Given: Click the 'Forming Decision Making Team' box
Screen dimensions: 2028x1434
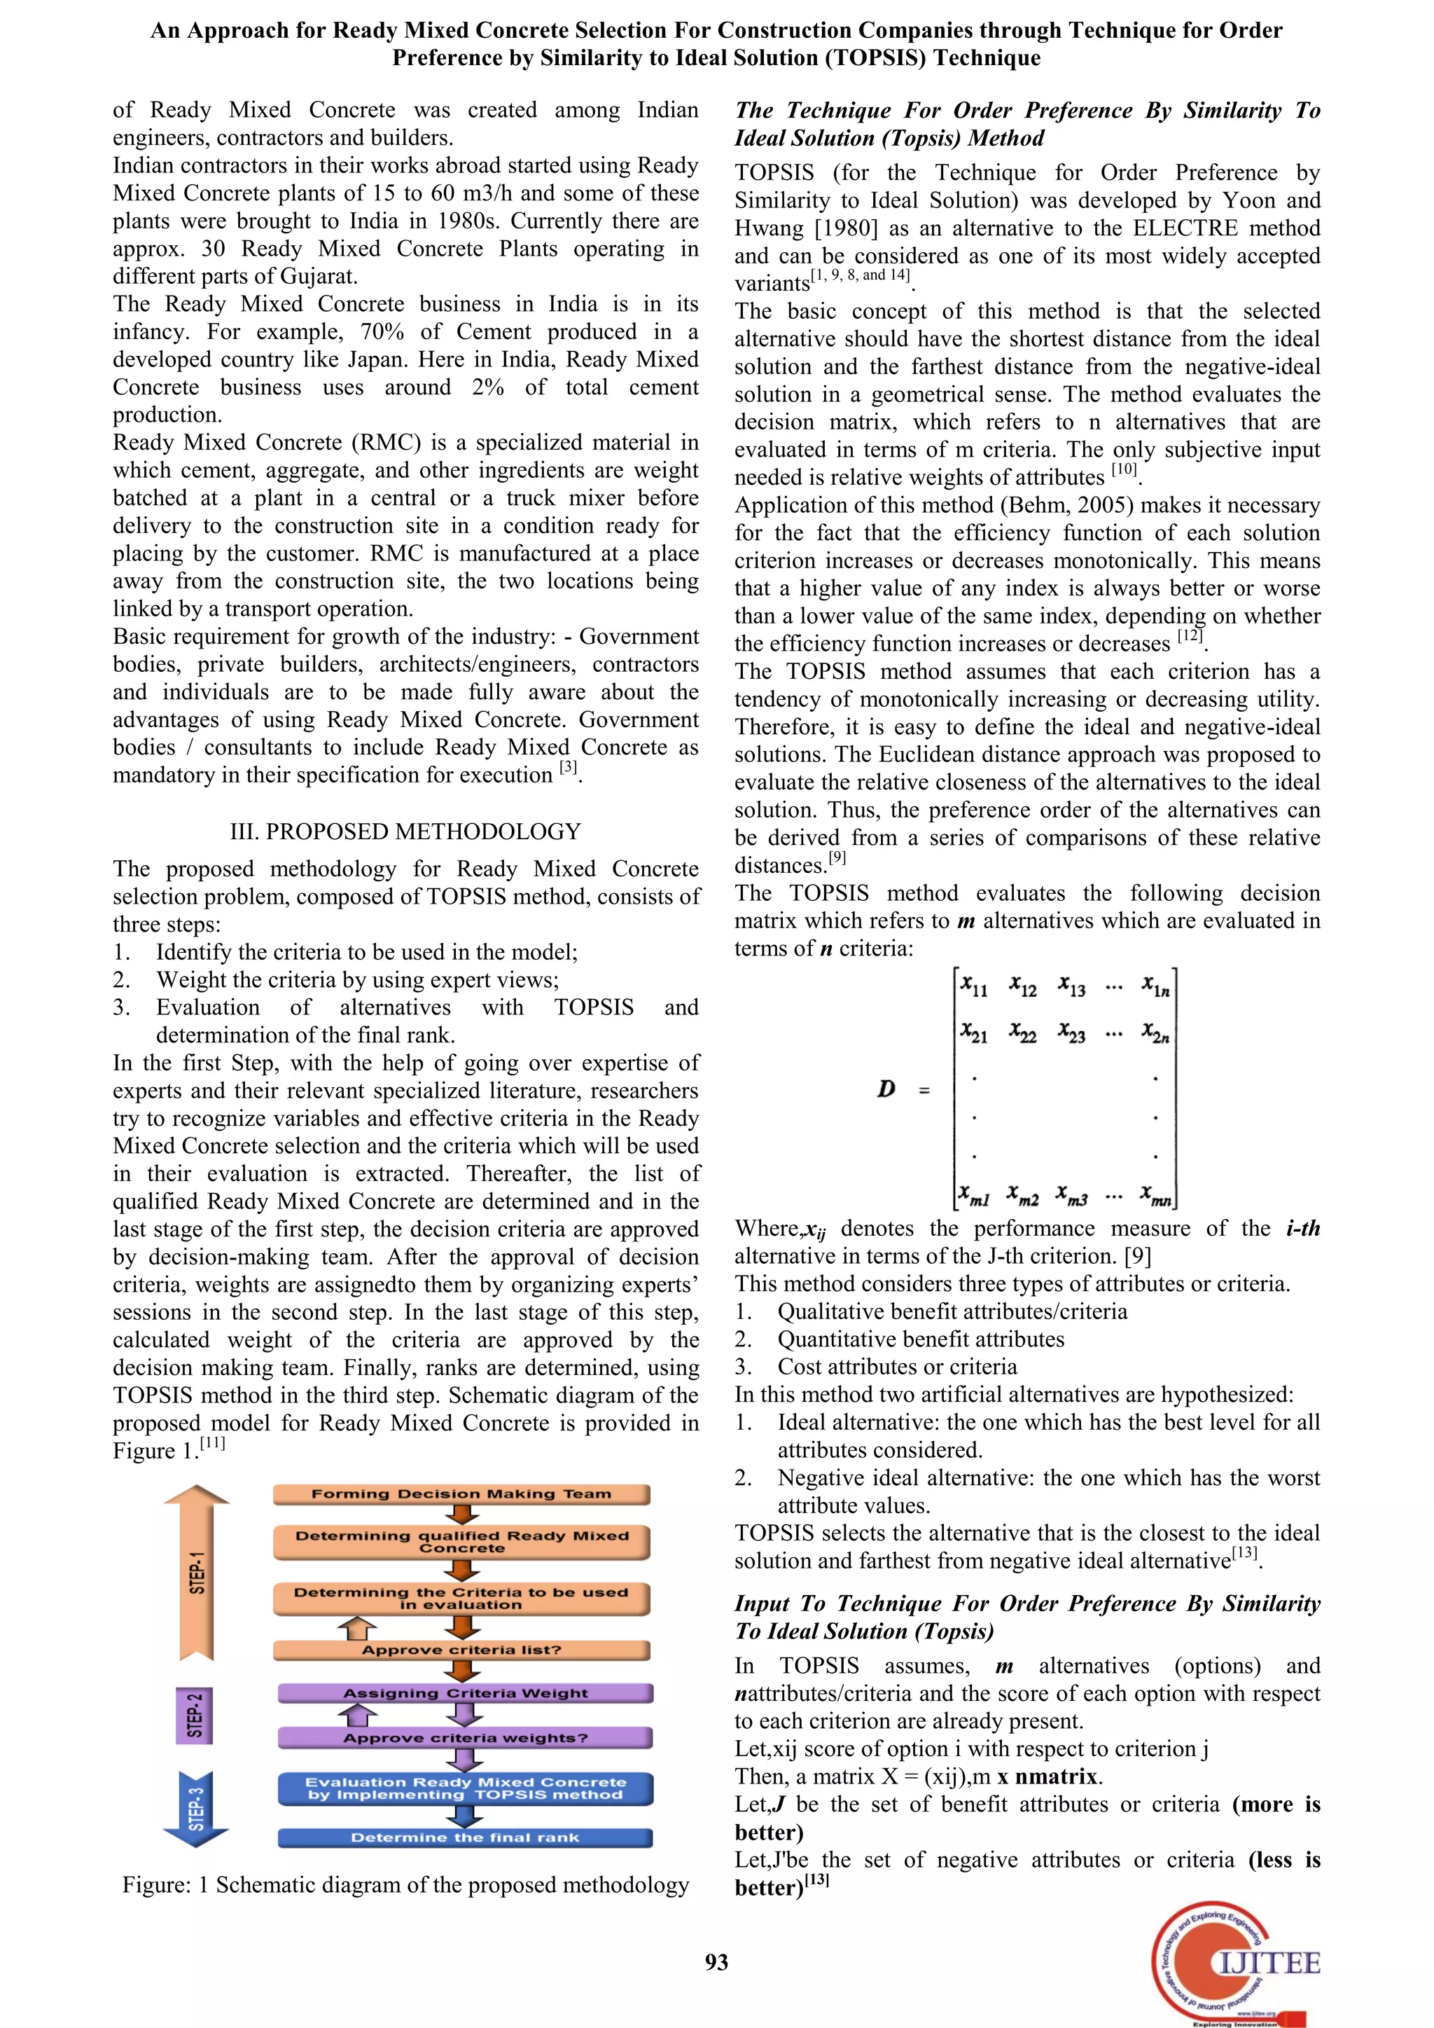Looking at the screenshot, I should coord(461,1494).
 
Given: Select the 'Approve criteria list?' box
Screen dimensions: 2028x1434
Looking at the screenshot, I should coord(461,1649).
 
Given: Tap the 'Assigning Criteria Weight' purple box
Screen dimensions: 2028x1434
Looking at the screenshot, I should coord(466,1692).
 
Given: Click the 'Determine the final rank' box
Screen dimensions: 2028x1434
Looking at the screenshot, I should coord(466,1837).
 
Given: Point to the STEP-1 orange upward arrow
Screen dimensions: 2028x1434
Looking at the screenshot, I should coord(197,1572).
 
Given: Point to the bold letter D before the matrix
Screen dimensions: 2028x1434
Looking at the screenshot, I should coord(886,1088).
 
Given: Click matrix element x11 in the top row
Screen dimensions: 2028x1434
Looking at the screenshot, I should coord(975,986).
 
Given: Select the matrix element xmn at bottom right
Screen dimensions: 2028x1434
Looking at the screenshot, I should coord(1156,1197).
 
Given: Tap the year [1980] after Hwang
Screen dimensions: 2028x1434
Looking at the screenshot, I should coord(846,228).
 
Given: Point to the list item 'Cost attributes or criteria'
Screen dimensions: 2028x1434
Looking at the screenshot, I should coord(896,1367).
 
